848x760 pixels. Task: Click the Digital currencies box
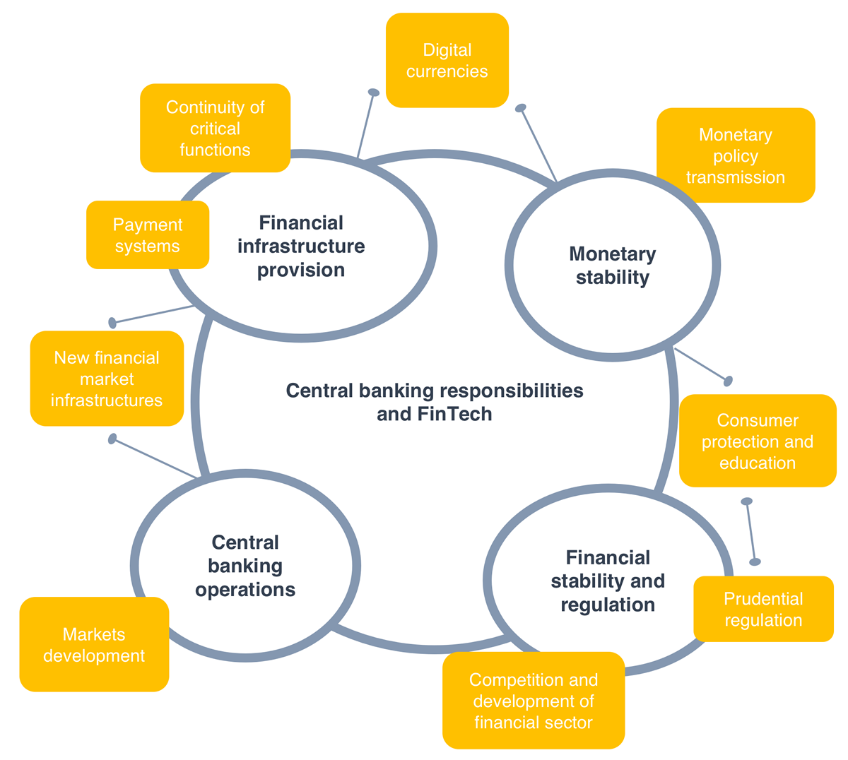[447, 61]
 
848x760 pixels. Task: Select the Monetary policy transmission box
[735, 155]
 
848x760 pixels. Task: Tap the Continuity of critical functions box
[215, 128]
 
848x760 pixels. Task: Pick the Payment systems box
[147, 235]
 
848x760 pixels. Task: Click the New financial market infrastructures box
[107, 379]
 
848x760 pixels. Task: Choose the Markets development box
[94, 644]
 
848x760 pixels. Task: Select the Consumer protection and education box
[757, 441]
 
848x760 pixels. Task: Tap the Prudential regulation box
[763, 609]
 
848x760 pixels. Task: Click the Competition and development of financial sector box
[534, 701]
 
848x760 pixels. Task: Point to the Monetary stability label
[612, 266]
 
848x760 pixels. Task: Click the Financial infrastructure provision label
[301, 246]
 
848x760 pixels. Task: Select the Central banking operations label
[245, 566]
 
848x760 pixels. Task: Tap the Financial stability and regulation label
[608, 581]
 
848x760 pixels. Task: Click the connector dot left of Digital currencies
[374, 93]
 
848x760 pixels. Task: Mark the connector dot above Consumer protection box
[728, 381]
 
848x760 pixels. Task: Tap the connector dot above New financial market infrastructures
[112, 323]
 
